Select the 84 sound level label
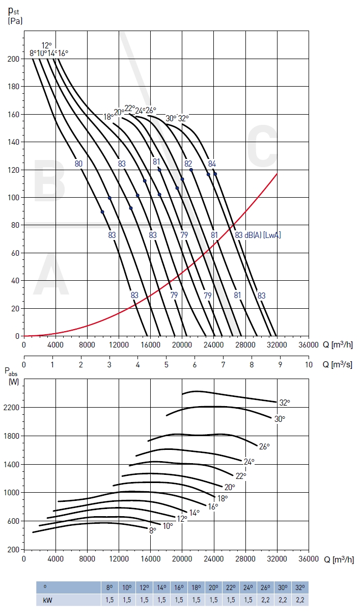[x=212, y=164]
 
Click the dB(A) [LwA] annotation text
[x=263, y=235]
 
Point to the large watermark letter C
[x=263, y=151]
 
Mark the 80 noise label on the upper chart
[x=78, y=164]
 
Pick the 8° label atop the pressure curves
[x=33, y=53]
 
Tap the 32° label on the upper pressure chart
[x=183, y=118]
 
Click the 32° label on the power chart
[x=284, y=403]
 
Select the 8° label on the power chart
[x=152, y=530]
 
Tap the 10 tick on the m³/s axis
[x=309, y=365]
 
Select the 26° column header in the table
[x=265, y=587]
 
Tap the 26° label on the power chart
[x=264, y=446]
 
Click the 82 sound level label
[x=188, y=164]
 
